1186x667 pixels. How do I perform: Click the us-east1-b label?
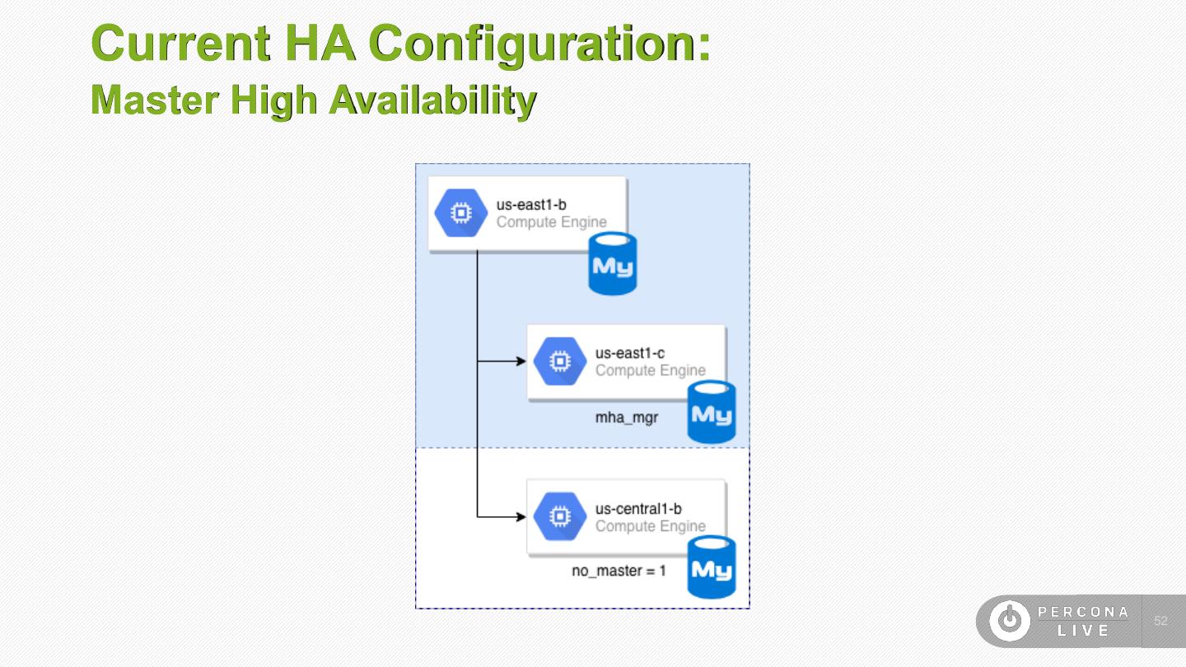pos(531,204)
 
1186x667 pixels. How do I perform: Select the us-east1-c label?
pos(630,353)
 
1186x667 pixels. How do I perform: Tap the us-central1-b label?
pos(638,509)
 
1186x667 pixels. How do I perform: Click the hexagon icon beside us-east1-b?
pos(461,213)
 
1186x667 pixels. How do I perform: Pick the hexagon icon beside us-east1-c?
pos(560,361)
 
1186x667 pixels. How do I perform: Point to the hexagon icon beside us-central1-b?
pos(560,517)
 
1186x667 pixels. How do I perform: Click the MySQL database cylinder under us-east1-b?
pos(613,264)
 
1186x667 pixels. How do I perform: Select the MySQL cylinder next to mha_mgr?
pos(712,413)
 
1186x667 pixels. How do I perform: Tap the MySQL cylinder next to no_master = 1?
pos(712,567)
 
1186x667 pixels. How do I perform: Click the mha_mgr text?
pos(627,417)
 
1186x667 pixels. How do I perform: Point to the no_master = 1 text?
pos(619,571)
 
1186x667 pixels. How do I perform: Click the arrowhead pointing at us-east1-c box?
pos(521,361)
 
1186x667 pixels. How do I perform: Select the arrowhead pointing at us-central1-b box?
pos(521,517)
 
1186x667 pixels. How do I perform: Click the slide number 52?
pos(1161,621)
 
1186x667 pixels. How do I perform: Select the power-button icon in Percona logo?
pos(1009,621)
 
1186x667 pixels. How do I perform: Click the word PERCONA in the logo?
pos(1083,612)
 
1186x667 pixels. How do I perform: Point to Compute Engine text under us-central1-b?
pos(651,526)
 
